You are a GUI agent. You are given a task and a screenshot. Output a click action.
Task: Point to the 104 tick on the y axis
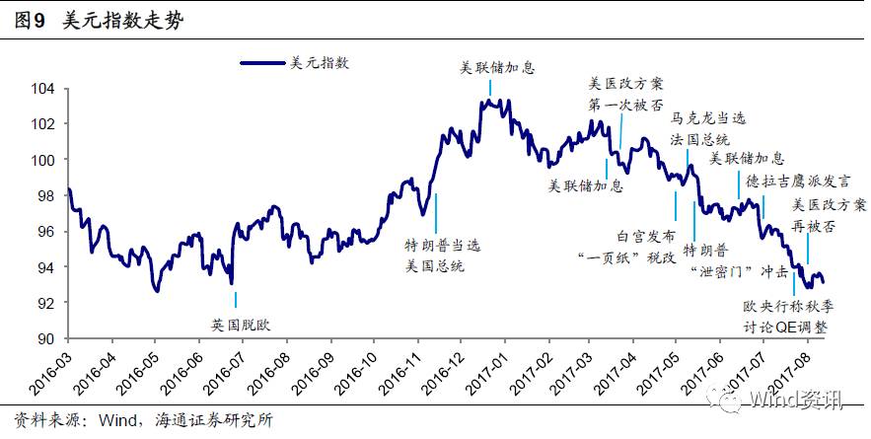pyautogui.click(x=43, y=89)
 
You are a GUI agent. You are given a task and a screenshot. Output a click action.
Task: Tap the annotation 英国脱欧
pyautogui.click(x=235, y=324)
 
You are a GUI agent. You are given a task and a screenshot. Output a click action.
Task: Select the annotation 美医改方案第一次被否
pyautogui.click(x=626, y=95)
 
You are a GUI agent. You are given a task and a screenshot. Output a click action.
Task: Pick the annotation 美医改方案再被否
pyautogui.click(x=830, y=214)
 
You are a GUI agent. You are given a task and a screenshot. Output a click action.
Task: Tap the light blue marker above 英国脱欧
pyautogui.click(x=235, y=299)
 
